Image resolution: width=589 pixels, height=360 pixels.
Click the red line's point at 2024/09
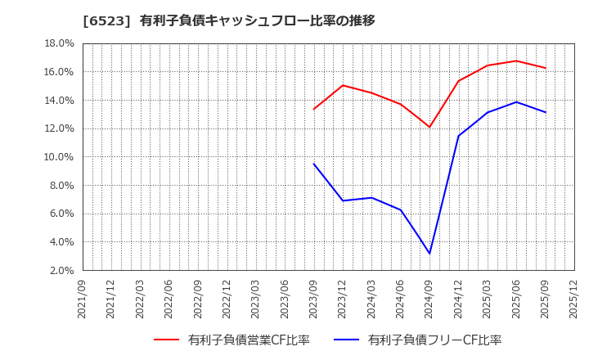(x=429, y=127)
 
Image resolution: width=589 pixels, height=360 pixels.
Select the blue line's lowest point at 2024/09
(x=429, y=254)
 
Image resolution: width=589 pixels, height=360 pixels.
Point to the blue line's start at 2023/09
(x=313, y=164)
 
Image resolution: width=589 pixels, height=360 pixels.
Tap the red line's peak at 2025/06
(x=516, y=61)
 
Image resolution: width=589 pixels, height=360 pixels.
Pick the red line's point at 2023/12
(x=343, y=85)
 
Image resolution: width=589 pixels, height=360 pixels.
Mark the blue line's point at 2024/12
(x=458, y=136)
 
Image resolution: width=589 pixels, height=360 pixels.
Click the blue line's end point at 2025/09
(x=546, y=112)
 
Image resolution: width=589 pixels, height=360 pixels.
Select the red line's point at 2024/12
(x=458, y=80)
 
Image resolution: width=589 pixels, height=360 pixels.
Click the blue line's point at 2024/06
(x=401, y=210)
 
